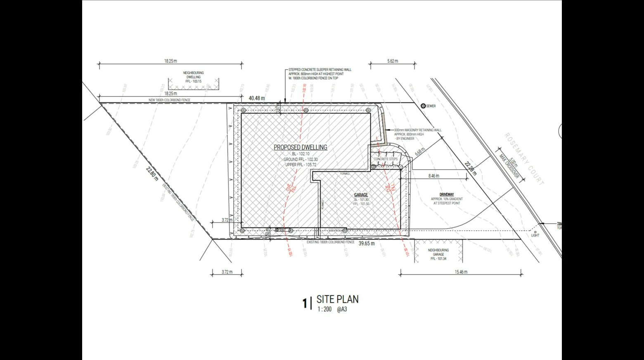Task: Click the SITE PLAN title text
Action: tap(337, 299)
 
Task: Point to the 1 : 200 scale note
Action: tap(324, 309)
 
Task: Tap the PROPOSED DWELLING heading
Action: tap(301, 147)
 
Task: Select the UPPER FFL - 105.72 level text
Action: tap(301, 165)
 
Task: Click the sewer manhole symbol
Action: tap(423, 106)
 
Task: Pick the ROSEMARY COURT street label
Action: tap(524, 159)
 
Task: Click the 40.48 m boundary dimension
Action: tap(257, 98)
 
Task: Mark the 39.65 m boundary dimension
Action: tap(367, 244)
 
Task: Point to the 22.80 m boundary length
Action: tap(152, 173)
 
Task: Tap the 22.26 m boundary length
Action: tap(470, 168)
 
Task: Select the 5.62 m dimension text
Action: tap(393, 61)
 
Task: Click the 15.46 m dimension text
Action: tap(461, 272)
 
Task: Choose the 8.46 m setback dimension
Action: tap(434, 176)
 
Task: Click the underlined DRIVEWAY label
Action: tap(447, 194)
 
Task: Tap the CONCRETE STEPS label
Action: tap(386, 159)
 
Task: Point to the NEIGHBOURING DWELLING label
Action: tap(193, 75)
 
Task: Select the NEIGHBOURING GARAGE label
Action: tap(438, 252)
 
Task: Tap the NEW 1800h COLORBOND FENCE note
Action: tap(169, 100)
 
